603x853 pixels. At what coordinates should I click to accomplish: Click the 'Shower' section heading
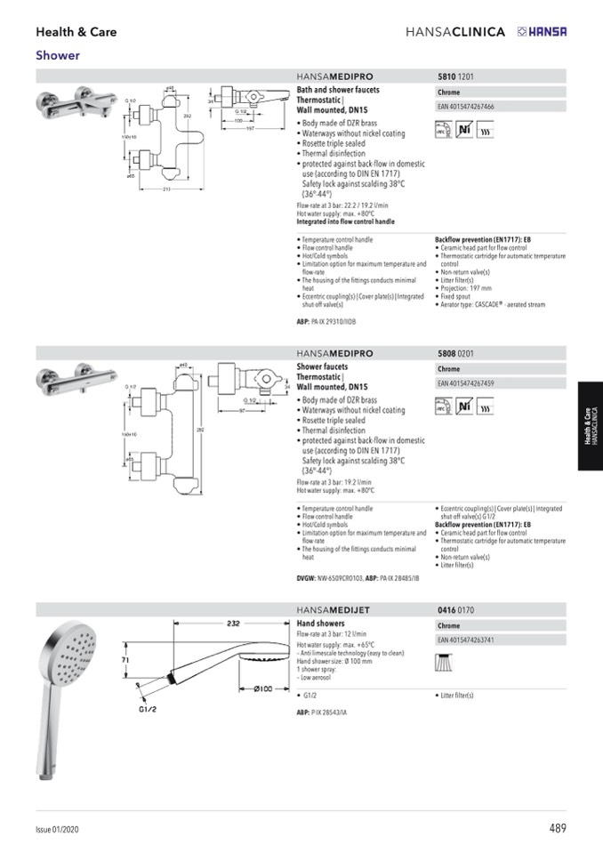(58, 55)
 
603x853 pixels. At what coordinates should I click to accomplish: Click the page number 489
(557, 828)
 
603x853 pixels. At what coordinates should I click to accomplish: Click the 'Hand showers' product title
(320, 624)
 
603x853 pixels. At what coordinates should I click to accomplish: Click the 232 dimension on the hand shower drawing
(234, 623)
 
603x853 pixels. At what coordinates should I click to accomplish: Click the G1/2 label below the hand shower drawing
(148, 710)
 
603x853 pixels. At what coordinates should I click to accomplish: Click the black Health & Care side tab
(589, 426)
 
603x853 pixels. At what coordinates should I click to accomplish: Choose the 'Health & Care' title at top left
(76, 32)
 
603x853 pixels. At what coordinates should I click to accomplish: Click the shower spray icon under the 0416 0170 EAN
(443, 662)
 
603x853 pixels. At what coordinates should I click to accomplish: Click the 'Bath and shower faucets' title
(338, 91)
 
